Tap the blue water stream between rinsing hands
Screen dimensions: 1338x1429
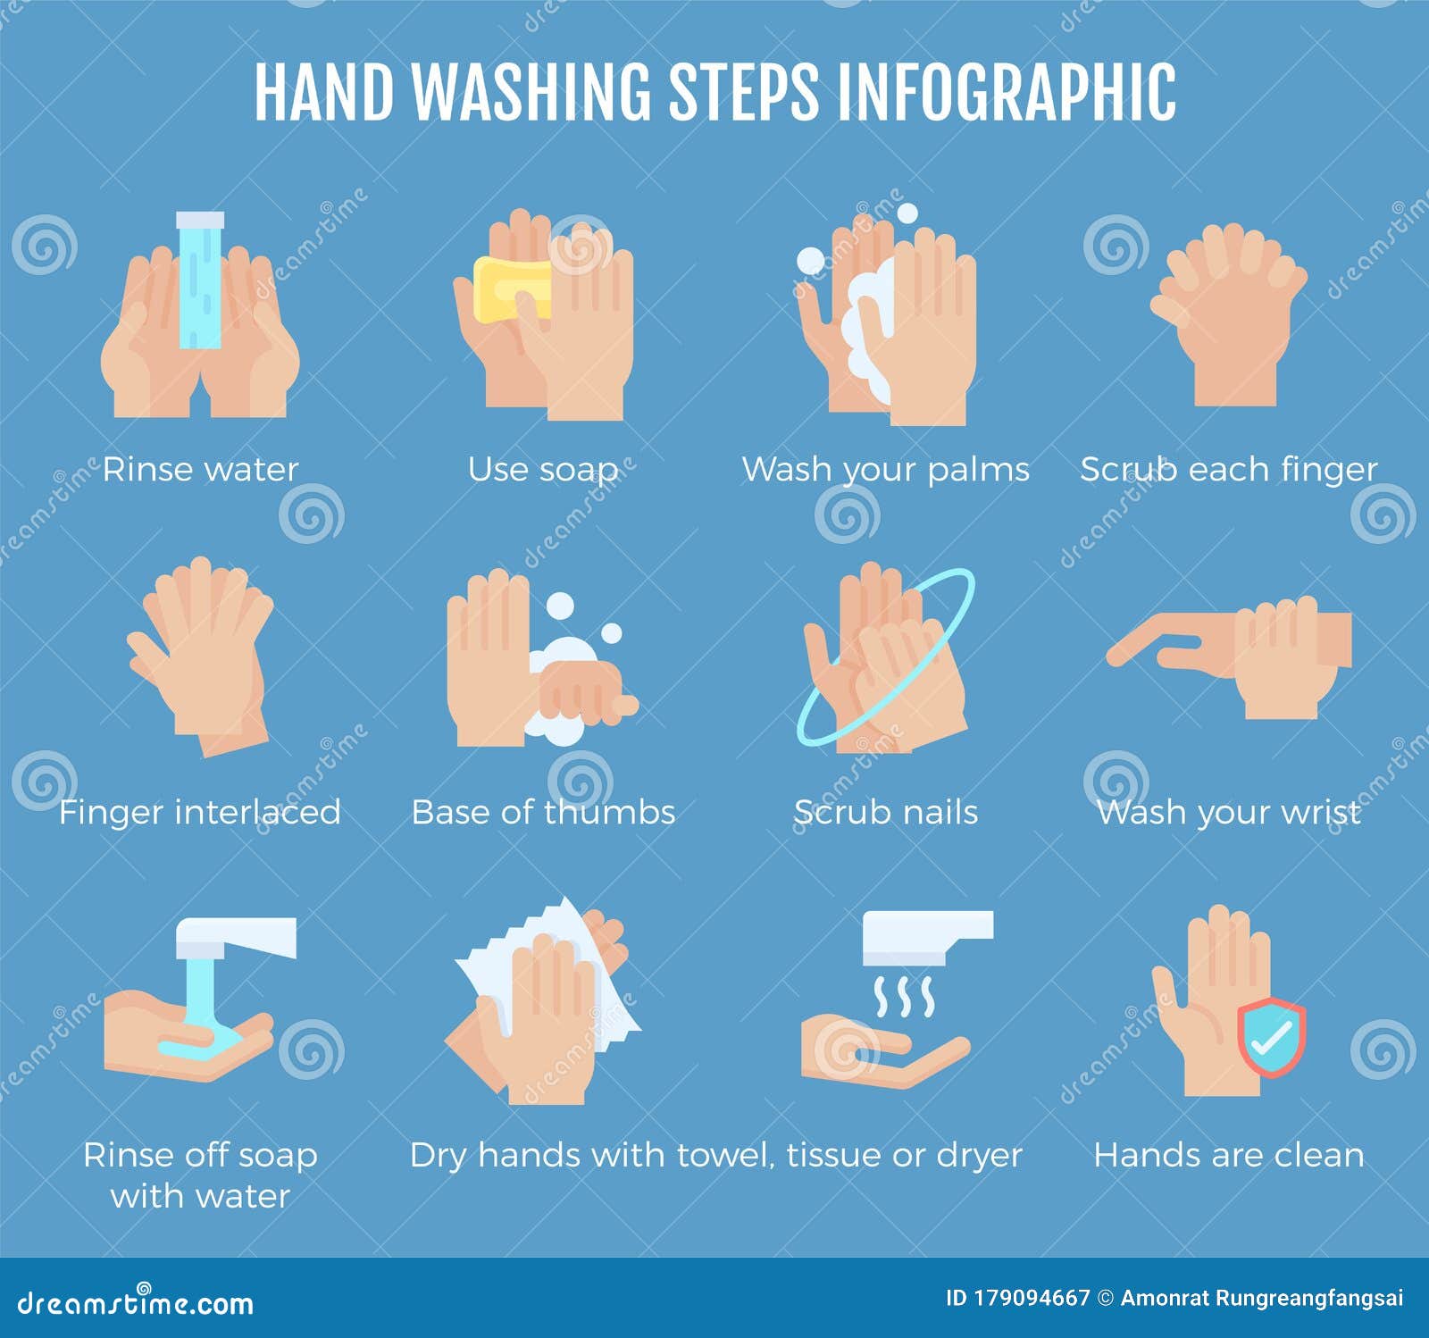tap(199, 281)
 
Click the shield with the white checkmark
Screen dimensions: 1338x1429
tap(1271, 1037)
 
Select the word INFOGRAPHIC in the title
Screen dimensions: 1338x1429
tap(1007, 92)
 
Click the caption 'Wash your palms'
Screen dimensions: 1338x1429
tap(885, 469)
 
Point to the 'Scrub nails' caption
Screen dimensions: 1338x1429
tap(885, 812)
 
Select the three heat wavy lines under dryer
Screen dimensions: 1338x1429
tap(904, 997)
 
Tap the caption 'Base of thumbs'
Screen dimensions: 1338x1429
tap(543, 812)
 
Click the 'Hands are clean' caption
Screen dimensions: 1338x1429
tap(1229, 1155)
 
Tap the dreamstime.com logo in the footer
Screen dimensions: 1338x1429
tap(136, 1302)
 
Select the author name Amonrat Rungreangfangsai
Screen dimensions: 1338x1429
tap(1261, 1298)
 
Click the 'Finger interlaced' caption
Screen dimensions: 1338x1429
tap(199, 812)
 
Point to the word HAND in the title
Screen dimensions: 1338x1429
tap(323, 92)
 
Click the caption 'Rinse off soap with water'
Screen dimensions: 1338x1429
tap(200, 1175)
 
